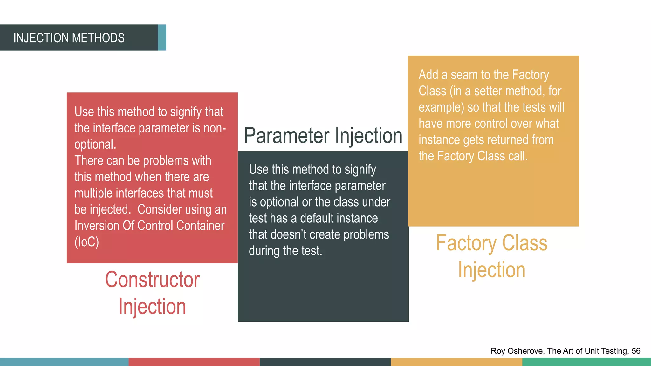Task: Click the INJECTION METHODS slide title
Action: point(69,38)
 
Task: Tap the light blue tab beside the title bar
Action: point(162,37)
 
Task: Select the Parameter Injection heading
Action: point(323,136)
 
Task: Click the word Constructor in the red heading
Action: point(152,280)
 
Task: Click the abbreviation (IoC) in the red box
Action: point(87,242)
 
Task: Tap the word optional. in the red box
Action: point(95,145)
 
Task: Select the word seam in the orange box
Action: point(464,75)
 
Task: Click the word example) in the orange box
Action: point(441,107)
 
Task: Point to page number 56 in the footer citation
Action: point(636,351)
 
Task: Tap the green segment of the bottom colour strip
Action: point(586,362)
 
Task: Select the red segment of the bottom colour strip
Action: point(194,362)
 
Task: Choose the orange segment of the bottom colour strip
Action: point(456,362)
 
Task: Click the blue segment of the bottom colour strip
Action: point(64,362)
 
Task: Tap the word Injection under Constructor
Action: point(152,307)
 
